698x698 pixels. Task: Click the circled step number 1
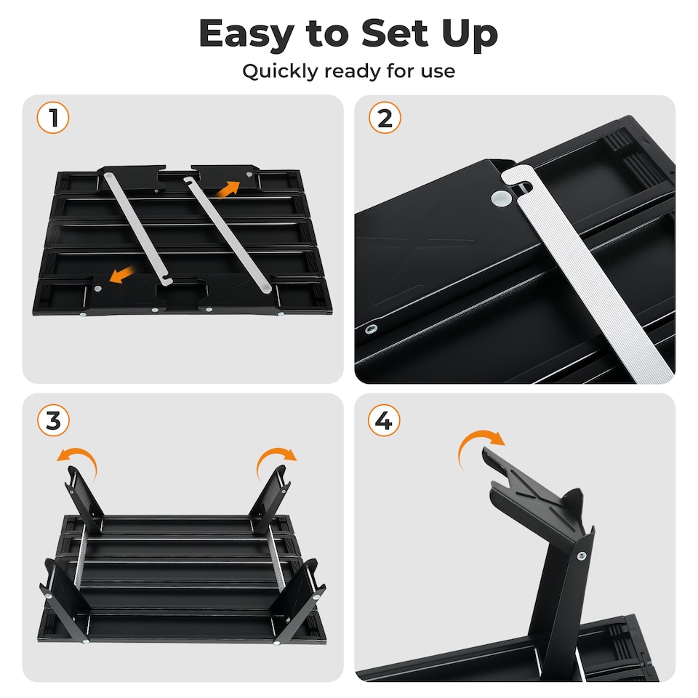(x=53, y=118)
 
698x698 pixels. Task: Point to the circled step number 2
(x=385, y=118)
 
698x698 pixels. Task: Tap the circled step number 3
(x=53, y=422)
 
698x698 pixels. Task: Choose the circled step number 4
(x=385, y=422)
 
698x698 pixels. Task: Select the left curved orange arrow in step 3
(x=77, y=460)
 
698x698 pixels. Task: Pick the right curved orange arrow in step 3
(x=277, y=460)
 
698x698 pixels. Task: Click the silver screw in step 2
(x=373, y=329)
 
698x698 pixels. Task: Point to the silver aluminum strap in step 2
(x=582, y=276)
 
